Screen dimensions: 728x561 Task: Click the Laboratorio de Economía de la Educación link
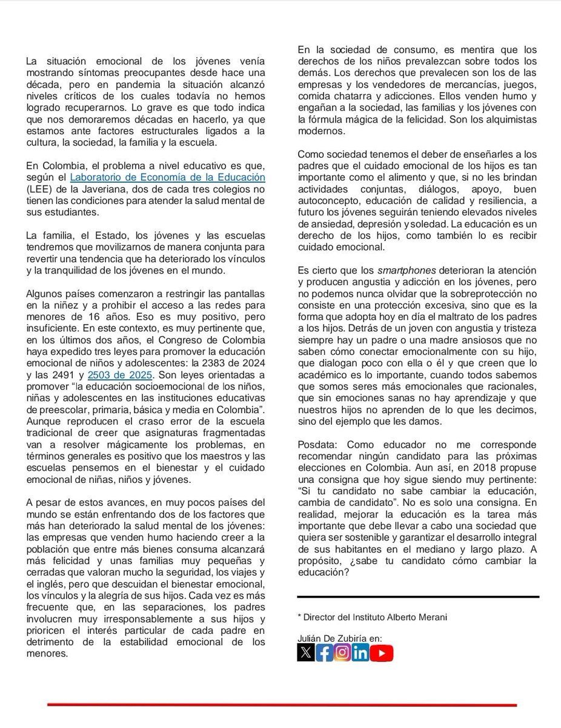[168, 178]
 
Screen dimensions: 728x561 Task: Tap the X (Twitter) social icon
[305, 652]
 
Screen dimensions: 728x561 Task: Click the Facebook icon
[324, 652]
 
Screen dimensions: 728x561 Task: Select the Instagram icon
[342, 652]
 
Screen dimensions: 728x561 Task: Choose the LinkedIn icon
[360, 652]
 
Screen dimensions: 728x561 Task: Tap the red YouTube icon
[382, 652]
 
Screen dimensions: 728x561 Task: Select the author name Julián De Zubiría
[332, 638]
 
